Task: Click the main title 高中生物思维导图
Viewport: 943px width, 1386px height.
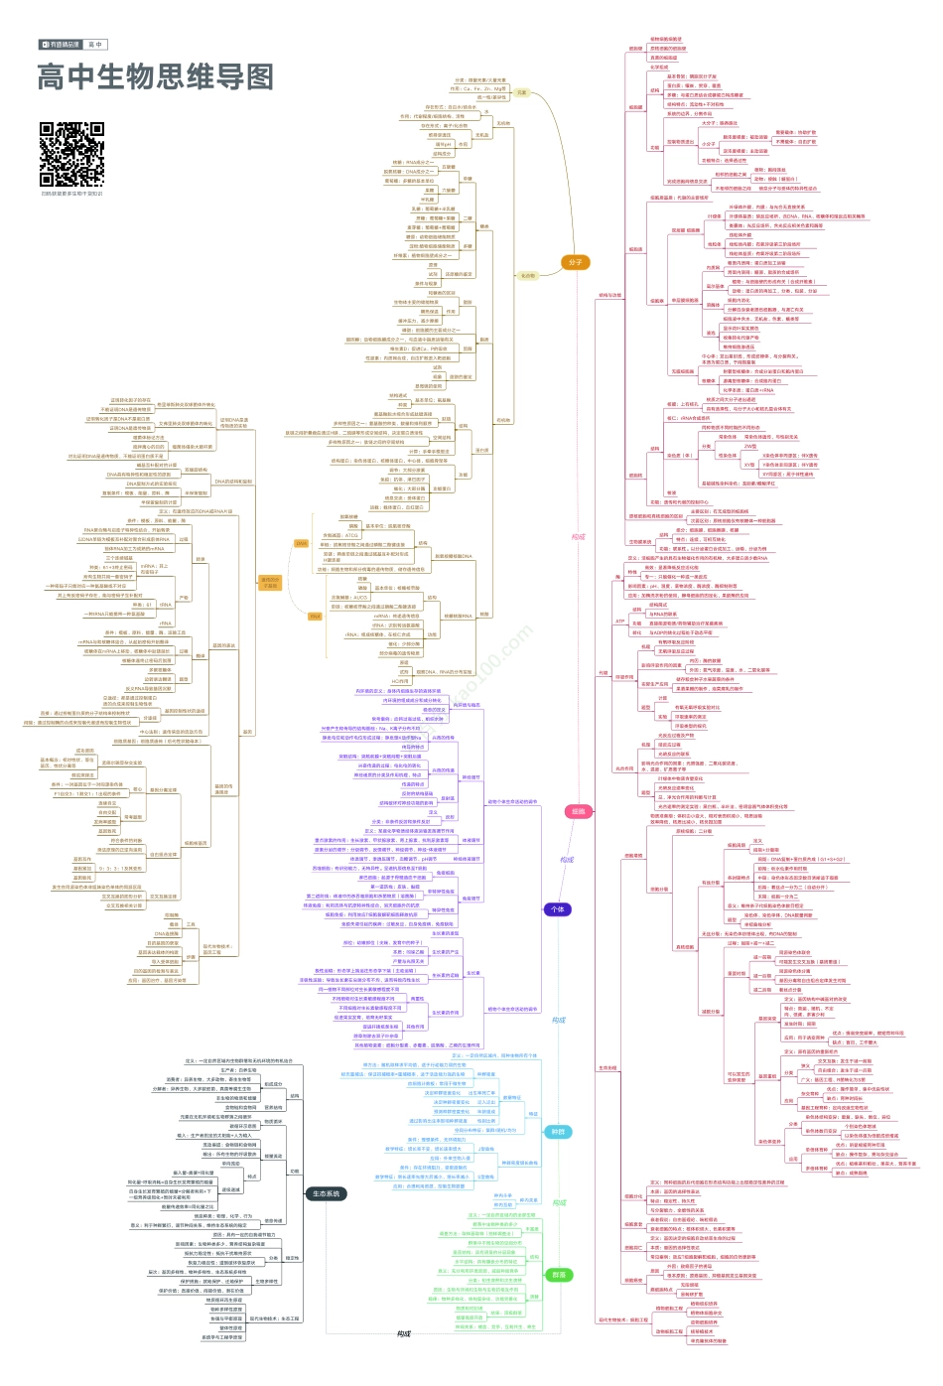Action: point(155,77)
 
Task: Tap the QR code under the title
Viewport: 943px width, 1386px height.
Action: point(71,154)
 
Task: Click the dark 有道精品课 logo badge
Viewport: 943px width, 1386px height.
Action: point(60,45)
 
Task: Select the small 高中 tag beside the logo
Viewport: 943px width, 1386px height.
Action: point(95,45)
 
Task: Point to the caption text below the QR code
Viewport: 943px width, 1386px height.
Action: point(71,194)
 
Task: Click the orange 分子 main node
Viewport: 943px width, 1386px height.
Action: point(575,262)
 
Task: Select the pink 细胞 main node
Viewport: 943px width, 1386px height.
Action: point(578,811)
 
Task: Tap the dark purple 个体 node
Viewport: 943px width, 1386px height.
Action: point(557,908)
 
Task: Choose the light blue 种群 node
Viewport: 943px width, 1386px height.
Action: point(558,1131)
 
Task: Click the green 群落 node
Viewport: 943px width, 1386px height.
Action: point(558,1275)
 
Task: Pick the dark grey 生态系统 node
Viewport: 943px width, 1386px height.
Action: point(326,1193)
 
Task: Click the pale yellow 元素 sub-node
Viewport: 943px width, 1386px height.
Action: point(522,92)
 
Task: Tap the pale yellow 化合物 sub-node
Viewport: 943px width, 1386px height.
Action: point(526,275)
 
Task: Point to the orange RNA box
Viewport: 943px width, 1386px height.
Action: point(315,616)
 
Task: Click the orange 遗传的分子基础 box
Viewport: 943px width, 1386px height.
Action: point(270,583)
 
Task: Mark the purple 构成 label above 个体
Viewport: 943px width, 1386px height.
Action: point(567,860)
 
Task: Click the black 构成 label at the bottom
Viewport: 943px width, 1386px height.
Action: point(403,1333)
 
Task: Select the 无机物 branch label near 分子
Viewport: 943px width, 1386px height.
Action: point(503,124)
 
